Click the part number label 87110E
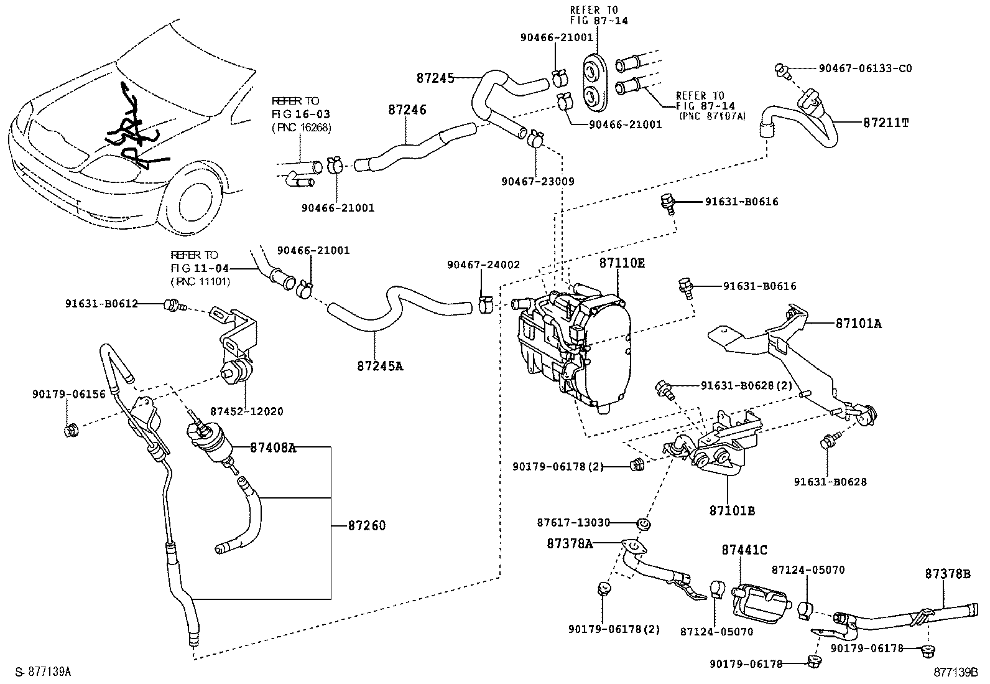(622, 263)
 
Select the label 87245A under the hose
(380, 366)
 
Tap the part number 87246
(407, 110)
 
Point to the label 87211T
(886, 123)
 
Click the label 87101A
(858, 324)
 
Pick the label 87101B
(732, 511)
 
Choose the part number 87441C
(744, 550)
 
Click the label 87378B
(947, 574)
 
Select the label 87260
(367, 526)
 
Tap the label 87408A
(273, 447)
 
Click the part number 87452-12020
(246, 411)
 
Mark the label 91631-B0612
(101, 304)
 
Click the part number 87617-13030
(574, 523)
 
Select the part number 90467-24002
(483, 265)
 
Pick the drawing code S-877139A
(43, 672)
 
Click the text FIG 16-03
(301, 115)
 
